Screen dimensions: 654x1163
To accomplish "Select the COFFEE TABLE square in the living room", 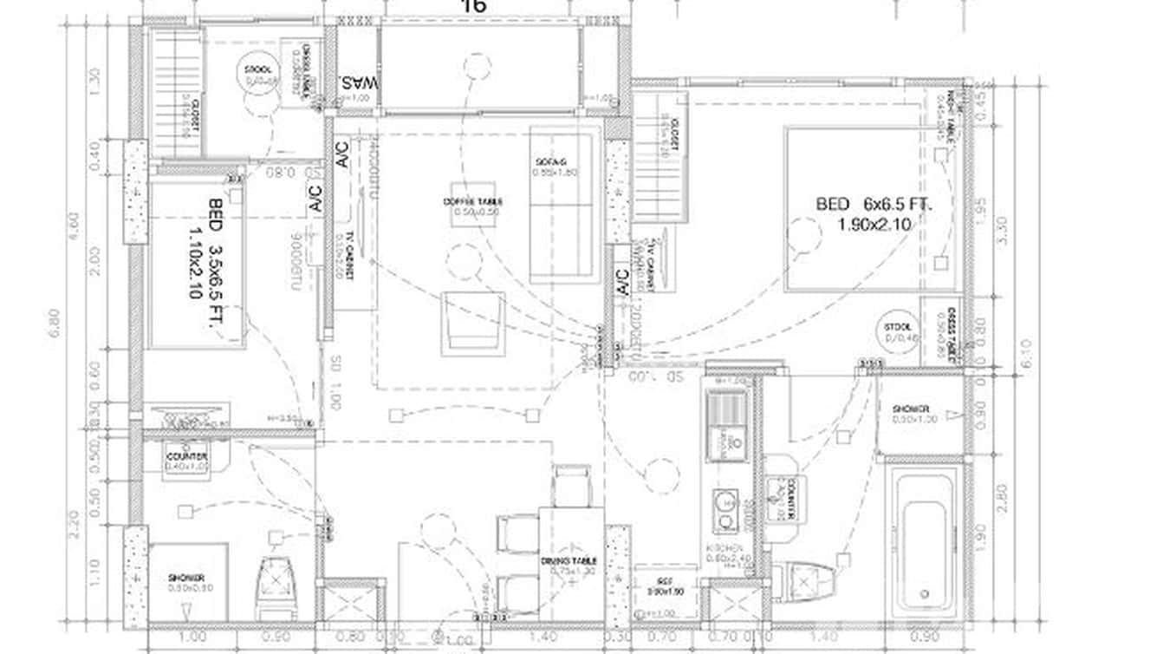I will coord(472,207).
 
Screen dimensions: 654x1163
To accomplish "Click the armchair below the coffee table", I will coord(472,323).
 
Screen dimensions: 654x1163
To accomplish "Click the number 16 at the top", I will coord(474,6).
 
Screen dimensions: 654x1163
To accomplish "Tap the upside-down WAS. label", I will coord(358,84).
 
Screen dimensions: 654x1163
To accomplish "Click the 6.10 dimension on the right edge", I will coord(1027,354).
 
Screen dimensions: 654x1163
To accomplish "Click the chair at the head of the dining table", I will coord(572,487).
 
